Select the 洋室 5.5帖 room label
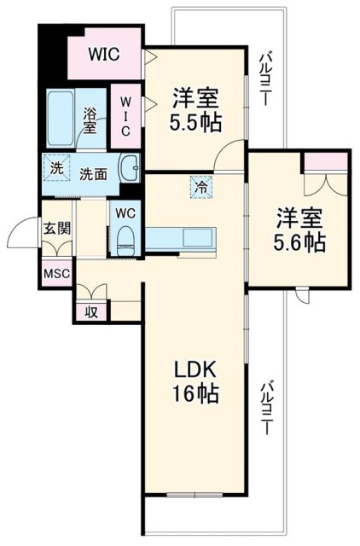197,110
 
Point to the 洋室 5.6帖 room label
299,229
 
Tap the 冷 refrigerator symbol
198,183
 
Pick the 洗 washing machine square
55,168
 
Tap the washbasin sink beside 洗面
130,167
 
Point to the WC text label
125,212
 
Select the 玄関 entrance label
58,228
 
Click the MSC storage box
56,274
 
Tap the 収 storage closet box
91,311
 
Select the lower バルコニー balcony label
266,408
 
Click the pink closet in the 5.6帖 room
326,162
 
